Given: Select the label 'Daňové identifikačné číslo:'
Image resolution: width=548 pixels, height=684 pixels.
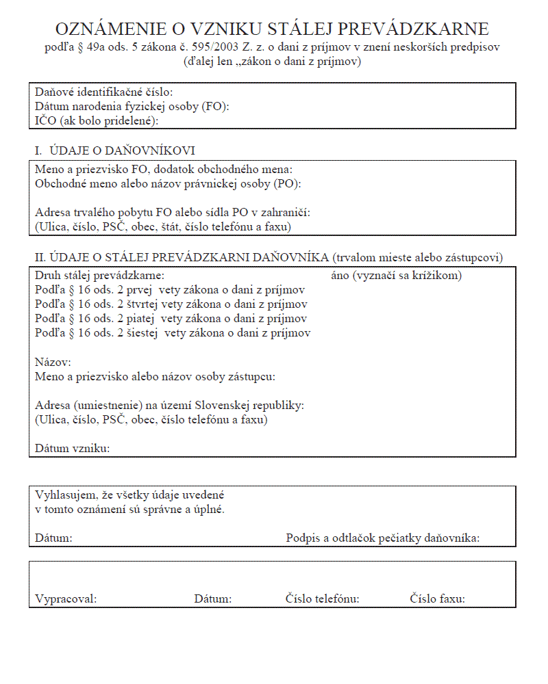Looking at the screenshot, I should [x=103, y=92].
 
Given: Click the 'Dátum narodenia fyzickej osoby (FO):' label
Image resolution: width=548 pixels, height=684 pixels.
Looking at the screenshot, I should [x=132, y=106].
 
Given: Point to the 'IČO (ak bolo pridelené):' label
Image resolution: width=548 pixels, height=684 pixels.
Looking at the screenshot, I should [x=97, y=120].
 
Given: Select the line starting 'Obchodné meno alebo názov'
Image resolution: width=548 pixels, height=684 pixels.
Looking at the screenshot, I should [x=168, y=183].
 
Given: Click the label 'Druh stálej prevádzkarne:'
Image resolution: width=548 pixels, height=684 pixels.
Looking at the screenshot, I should [x=100, y=276].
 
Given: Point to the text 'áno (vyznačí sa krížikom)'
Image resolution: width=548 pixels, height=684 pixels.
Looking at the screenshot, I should [x=396, y=276].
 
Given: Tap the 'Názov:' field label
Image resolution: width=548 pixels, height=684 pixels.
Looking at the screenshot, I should [x=53, y=362].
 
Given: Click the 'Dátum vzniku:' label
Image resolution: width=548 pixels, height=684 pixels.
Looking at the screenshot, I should [x=73, y=449].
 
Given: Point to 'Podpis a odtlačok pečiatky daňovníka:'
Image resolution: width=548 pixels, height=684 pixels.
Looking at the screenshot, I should [x=382, y=538].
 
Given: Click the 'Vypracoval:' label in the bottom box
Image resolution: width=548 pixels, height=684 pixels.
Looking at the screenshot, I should [x=66, y=599].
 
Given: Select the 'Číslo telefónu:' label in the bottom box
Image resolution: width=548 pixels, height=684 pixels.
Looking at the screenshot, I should [x=323, y=599].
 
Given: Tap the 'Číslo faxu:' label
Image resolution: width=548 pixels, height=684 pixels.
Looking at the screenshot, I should [x=438, y=599].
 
